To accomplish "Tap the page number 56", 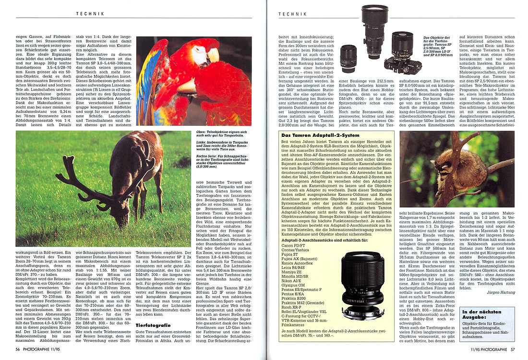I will point(17,349).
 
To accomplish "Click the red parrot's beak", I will point(212,55).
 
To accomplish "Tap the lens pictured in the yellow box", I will point(363,284).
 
